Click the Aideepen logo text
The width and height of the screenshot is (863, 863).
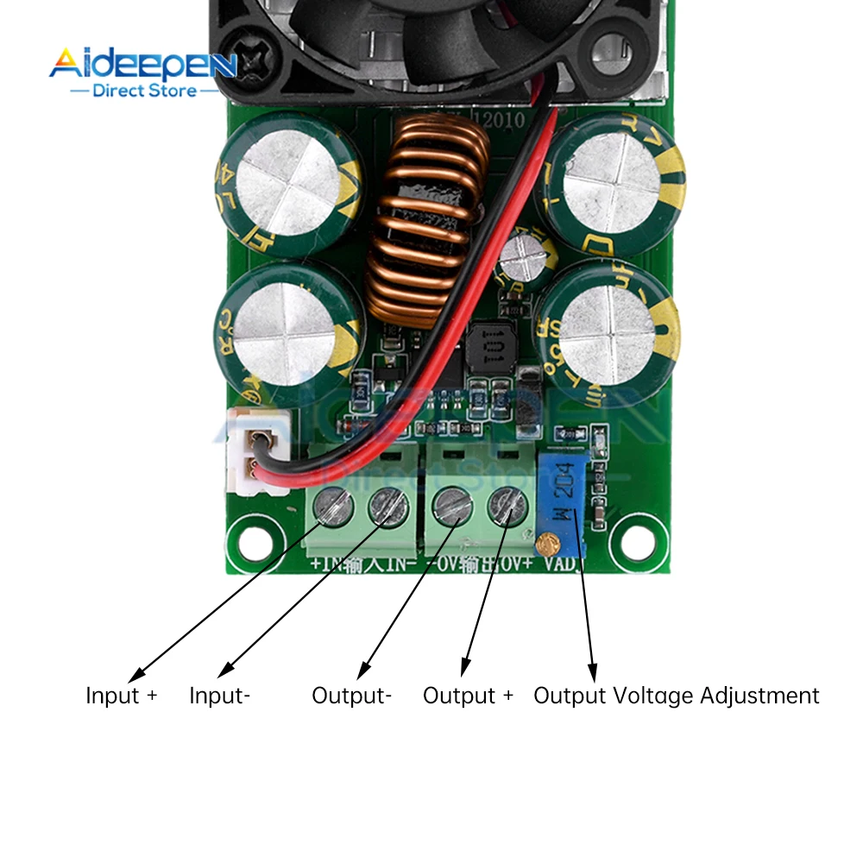142,64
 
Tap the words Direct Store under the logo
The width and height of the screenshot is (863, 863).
144,90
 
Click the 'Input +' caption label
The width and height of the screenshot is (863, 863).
122,696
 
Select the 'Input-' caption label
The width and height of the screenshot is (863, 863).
220,696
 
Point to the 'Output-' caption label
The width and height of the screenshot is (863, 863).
352,696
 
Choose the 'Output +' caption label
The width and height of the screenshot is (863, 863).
468,696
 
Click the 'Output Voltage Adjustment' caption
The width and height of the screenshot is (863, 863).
677,696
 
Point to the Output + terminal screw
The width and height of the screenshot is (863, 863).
507,505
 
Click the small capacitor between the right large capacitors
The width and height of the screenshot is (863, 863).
523,256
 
